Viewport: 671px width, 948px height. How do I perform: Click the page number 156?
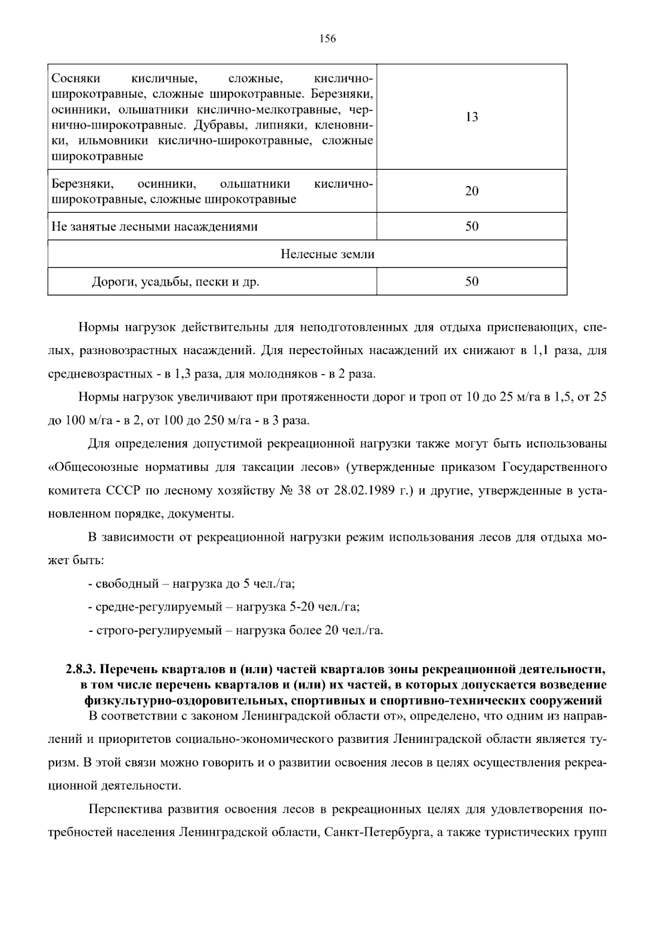(x=327, y=39)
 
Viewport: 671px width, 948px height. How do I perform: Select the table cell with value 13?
(x=471, y=117)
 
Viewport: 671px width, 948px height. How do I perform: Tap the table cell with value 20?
(x=471, y=191)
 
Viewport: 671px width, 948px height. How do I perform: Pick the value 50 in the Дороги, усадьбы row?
(x=471, y=282)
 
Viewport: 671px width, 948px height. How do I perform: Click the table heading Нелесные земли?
(x=327, y=254)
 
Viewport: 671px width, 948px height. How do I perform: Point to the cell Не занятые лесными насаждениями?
(x=154, y=227)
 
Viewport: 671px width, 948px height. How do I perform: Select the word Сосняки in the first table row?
(x=72, y=77)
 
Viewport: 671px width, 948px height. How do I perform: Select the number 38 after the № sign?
(x=304, y=490)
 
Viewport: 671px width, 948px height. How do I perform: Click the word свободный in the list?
(x=127, y=584)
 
